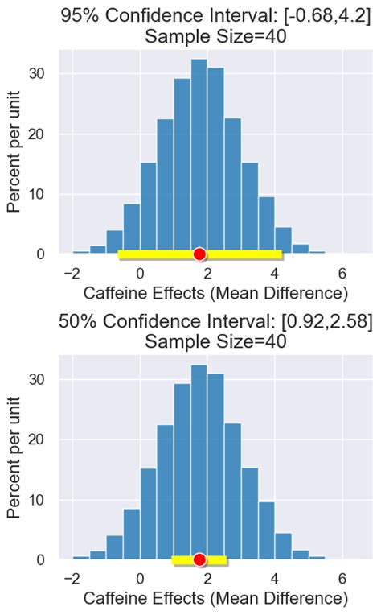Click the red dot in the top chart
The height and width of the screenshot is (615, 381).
tap(200, 254)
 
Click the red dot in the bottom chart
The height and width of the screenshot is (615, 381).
tap(200, 560)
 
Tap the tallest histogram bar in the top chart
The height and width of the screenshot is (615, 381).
tap(199, 157)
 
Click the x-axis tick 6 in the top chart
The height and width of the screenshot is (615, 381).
tap(342, 271)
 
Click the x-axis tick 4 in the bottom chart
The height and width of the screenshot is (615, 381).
tap(275, 577)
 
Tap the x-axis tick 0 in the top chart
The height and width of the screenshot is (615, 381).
tap(140, 271)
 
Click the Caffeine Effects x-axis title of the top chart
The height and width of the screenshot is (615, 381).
tap(215, 291)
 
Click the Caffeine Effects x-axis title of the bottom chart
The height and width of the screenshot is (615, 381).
tap(215, 598)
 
